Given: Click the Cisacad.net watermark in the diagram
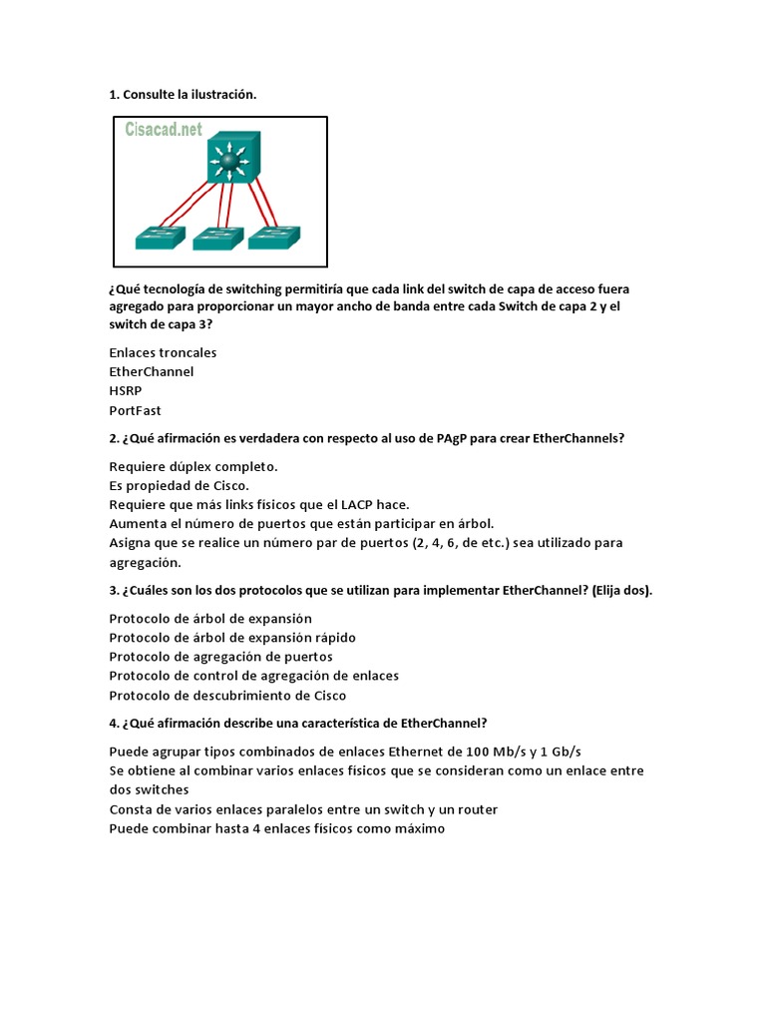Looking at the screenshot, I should (x=164, y=130).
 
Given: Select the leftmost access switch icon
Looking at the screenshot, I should (x=161, y=238).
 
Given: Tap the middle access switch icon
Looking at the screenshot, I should (x=217, y=238).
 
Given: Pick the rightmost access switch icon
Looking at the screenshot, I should (x=274, y=238).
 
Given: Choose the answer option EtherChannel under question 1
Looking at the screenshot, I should (x=152, y=371).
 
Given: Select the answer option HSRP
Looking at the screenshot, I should (x=125, y=391).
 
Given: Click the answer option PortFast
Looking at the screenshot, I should (x=135, y=410).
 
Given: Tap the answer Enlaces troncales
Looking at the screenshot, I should (x=163, y=352).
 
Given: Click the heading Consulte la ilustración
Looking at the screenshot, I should (x=183, y=95).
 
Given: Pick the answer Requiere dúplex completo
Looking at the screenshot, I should (x=193, y=466).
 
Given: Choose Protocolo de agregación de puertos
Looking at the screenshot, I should (x=220, y=657).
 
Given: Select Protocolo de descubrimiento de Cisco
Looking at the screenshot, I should (x=227, y=695).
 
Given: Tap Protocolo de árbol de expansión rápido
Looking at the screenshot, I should (x=232, y=637).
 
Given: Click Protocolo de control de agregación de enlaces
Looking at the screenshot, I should (x=253, y=676).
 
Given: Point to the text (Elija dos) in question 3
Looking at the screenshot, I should (x=621, y=590).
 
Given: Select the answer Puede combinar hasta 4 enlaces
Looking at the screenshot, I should (x=277, y=828).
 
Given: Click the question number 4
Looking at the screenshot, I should (x=114, y=723).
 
